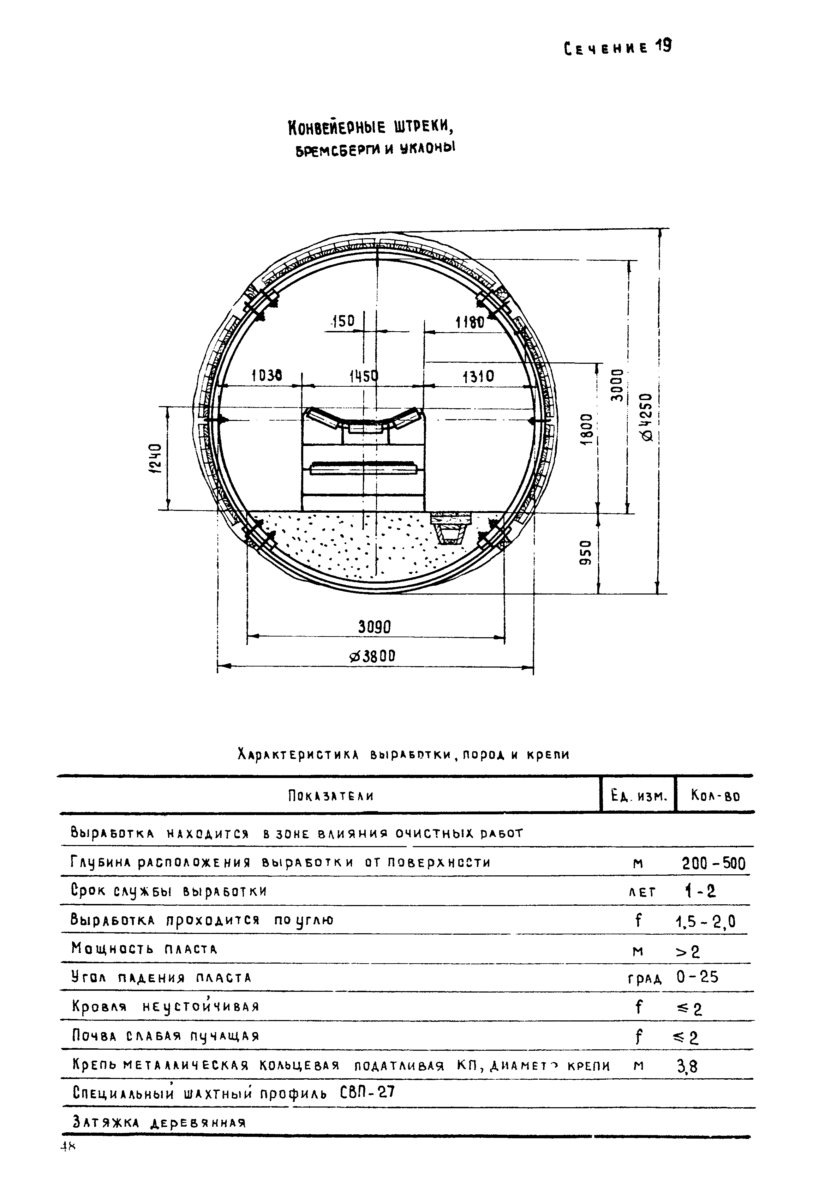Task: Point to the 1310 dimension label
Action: (x=478, y=377)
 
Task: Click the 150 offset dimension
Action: (x=343, y=321)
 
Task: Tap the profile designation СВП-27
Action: (x=367, y=1093)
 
